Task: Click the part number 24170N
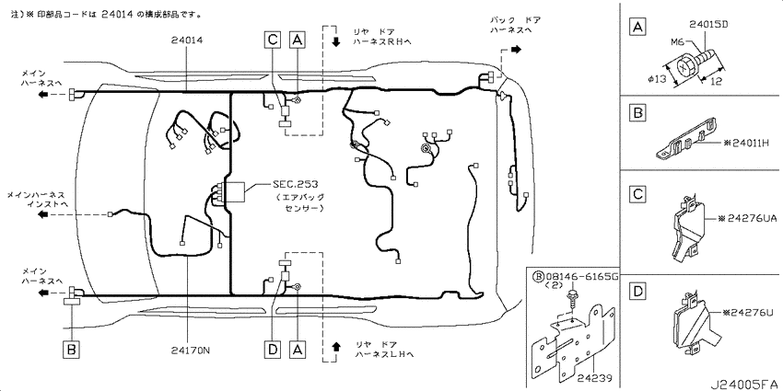[190, 350]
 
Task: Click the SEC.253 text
[295, 184]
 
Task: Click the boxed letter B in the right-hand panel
[637, 114]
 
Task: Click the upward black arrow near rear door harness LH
[336, 346]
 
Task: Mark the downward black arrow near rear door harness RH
[336, 42]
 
